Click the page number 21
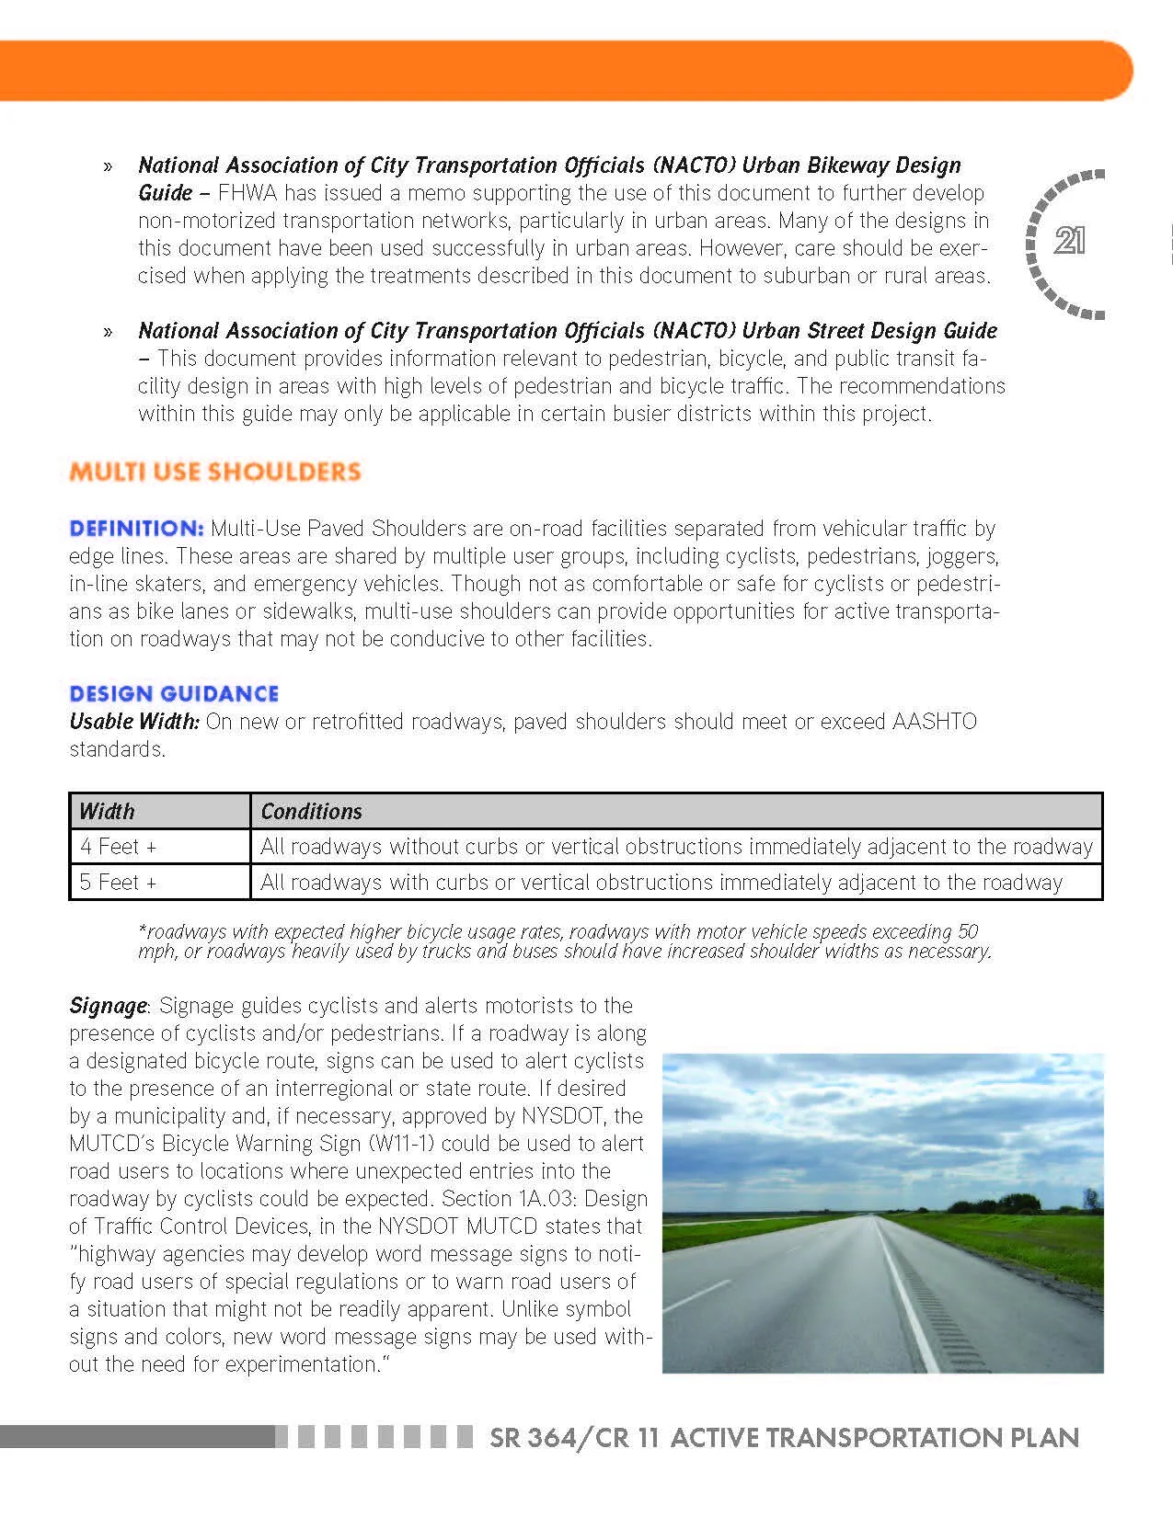(1069, 241)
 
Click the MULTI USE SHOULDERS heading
(215, 473)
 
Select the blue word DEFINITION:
(136, 529)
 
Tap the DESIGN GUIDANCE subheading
(174, 694)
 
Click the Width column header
(107, 811)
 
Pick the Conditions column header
(311, 811)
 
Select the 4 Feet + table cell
(118, 846)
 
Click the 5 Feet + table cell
(118, 883)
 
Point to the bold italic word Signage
(108, 1006)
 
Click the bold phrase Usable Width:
(134, 722)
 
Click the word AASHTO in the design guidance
(934, 722)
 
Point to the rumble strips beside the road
(948, 1324)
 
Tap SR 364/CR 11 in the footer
(574, 1438)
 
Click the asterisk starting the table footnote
(142, 930)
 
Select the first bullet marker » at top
(109, 166)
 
